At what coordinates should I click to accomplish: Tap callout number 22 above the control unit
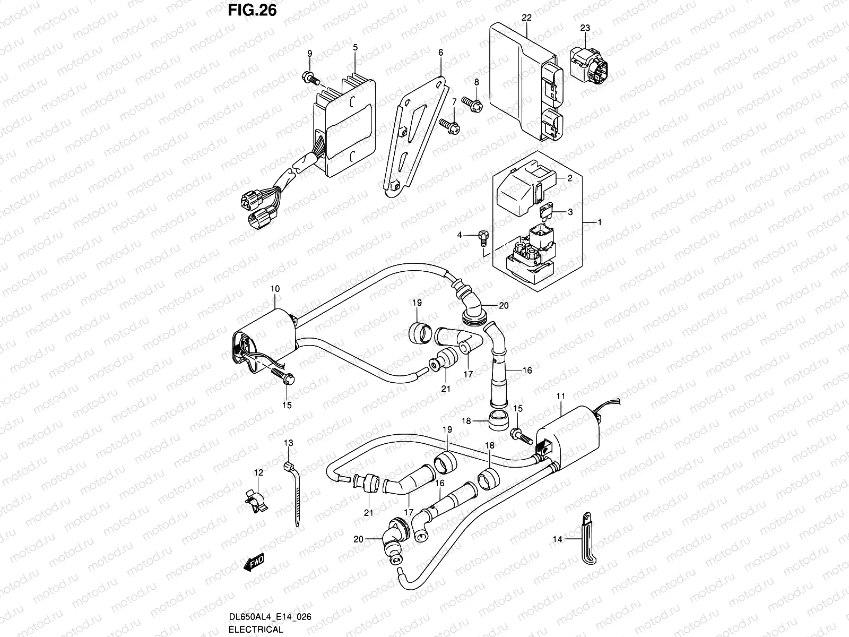(526, 18)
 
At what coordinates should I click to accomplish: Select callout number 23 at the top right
(584, 28)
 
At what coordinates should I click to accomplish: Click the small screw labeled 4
(483, 237)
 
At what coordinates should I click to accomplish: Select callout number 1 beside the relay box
(600, 222)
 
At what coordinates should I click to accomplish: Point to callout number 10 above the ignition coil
(274, 288)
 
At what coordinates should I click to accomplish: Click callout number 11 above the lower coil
(561, 396)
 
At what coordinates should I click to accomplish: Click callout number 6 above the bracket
(440, 53)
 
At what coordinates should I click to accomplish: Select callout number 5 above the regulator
(355, 47)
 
